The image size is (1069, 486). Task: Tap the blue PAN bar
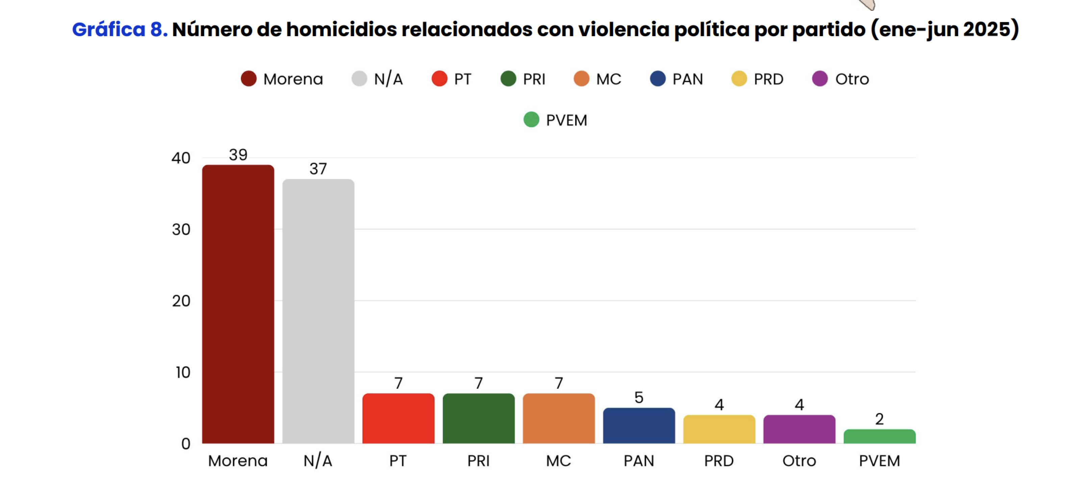point(639,426)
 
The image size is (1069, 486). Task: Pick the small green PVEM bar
point(880,437)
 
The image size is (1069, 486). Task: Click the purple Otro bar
point(799,429)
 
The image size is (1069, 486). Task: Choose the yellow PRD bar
point(719,429)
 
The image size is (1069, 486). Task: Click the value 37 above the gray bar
point(318,169)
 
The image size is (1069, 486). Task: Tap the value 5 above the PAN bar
point(639,398)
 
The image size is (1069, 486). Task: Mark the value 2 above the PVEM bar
point(880,419)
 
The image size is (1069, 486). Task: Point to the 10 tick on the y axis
point(183,372)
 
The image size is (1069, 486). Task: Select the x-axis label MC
point(559,461)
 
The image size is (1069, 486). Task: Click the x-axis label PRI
point(479,461)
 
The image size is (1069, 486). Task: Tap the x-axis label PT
point(398,461)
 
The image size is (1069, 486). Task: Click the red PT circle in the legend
point(439,79)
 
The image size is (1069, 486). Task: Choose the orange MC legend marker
point(581,79)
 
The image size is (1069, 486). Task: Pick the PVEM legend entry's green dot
point(531,120)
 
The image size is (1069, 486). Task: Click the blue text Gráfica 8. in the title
point(120,30)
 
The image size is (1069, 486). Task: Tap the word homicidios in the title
point(341,30)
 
